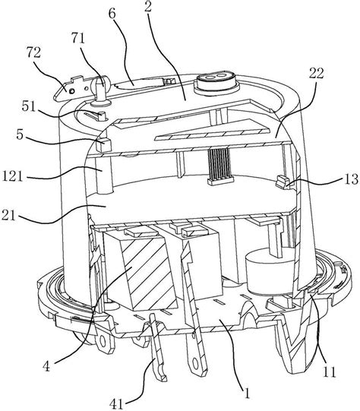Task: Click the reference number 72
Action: [33, 53]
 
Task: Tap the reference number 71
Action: [77, 39]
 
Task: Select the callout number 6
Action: [112, 14]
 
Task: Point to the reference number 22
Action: [317, 74]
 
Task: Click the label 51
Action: [29, 106]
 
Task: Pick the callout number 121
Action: [12, 175]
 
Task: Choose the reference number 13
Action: [350, 179]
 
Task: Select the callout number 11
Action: [330, 371]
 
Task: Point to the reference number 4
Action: [46, 366]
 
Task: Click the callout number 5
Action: [20, 135]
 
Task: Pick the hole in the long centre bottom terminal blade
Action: [195, 363]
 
